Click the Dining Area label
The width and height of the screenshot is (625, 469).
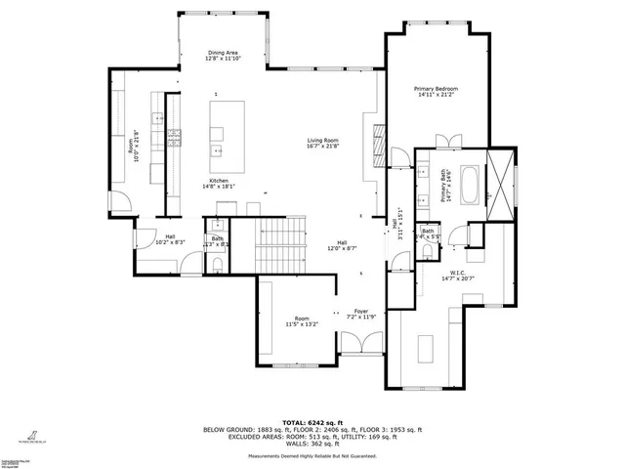tap(224, 56)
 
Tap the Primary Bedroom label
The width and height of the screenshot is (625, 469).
tap(437, 92)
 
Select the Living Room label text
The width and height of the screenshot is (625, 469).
tap(322, 143)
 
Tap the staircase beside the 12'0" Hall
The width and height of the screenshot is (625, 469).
tap(279, 245)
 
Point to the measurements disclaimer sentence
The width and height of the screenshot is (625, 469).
tap(312, 455)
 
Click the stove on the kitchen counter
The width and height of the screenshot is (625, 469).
tap(175, 136)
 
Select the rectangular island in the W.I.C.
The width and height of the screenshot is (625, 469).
tap(425, 349)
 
